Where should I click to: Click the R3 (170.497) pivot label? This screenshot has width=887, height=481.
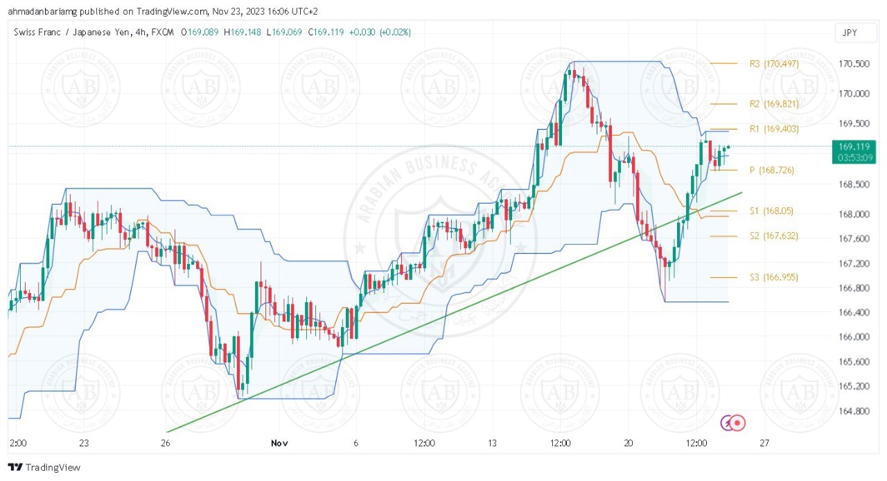[774, 64]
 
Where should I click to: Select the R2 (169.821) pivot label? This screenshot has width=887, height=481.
[774, 104]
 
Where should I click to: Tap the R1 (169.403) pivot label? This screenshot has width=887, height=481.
[774, 129]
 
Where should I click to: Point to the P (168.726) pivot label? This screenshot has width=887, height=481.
[771, 170]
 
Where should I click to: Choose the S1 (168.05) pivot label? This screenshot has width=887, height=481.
[771, 211]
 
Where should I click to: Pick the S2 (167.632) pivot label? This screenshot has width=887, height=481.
[773, 236]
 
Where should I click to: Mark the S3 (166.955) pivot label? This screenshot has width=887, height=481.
[773, 277]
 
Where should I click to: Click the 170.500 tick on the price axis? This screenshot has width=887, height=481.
[854, 64]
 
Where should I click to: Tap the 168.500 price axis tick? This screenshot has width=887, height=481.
[854, 184]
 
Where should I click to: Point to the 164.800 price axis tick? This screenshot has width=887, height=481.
[854, 411]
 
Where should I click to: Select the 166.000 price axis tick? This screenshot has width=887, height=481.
[854, 337]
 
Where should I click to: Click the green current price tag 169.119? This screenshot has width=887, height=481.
[854, 146]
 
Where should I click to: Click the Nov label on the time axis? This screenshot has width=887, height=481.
[279, 443]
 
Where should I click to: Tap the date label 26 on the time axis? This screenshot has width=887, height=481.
[166, 443]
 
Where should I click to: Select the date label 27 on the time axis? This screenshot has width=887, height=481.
[764, 443]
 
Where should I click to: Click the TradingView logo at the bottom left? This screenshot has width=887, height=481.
[44, 467]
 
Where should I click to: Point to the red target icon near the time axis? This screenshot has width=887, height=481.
[739, 422]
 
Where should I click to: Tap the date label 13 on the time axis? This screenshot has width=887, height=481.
[492, 443]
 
